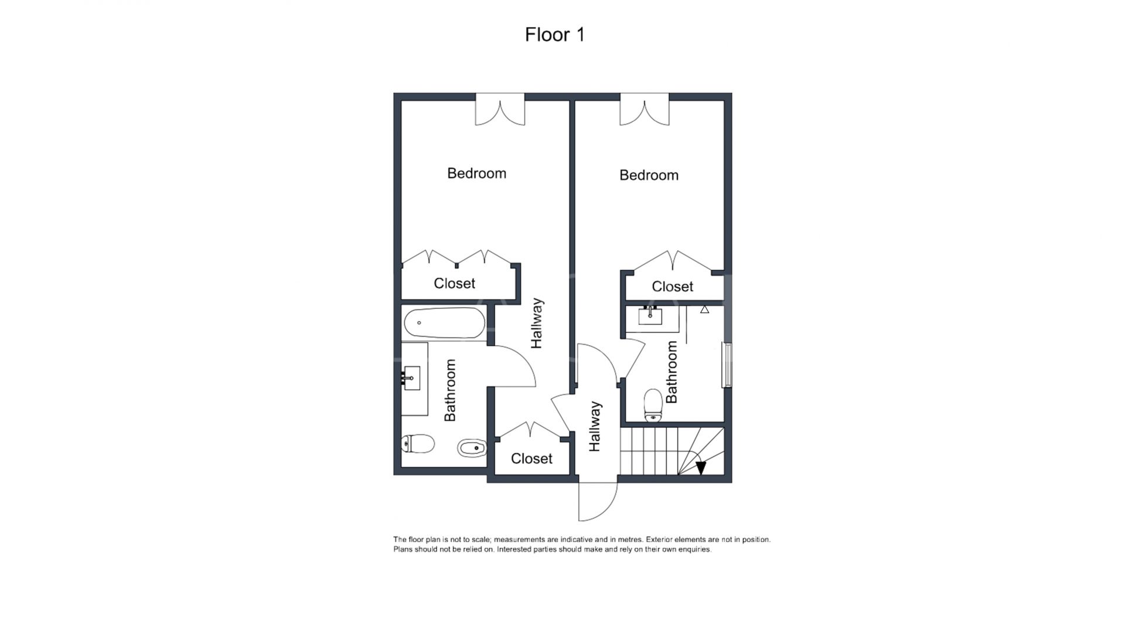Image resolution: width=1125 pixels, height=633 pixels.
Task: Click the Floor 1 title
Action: [554, 35]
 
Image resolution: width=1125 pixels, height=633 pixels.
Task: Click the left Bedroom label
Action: [476, 173]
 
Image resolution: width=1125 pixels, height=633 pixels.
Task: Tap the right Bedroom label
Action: [649, 175]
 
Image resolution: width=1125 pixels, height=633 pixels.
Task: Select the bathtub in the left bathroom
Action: [444, 323]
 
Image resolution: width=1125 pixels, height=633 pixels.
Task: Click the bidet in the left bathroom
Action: [472, 449]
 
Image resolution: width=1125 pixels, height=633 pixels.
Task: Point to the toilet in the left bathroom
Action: [418, 444]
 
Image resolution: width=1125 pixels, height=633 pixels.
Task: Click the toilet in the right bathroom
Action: [653, 405]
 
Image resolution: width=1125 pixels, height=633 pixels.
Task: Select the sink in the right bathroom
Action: [650, 316]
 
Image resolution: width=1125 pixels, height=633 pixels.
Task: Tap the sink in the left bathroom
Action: [412, 378]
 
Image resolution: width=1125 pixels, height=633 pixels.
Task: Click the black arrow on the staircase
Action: [701, 468]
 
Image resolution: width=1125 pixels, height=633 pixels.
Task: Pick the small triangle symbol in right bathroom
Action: [704, 309]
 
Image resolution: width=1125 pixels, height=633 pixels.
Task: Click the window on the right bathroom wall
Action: [727, 365]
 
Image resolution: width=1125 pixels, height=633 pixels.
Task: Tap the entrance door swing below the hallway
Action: [598, 501]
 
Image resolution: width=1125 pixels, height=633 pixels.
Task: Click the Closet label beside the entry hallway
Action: [531, 458]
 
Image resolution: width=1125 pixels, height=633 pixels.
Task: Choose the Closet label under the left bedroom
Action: [454, 284]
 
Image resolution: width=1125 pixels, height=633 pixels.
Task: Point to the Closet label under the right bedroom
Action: [672, 287]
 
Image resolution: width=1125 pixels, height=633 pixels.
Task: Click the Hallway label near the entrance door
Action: [595, 426]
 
